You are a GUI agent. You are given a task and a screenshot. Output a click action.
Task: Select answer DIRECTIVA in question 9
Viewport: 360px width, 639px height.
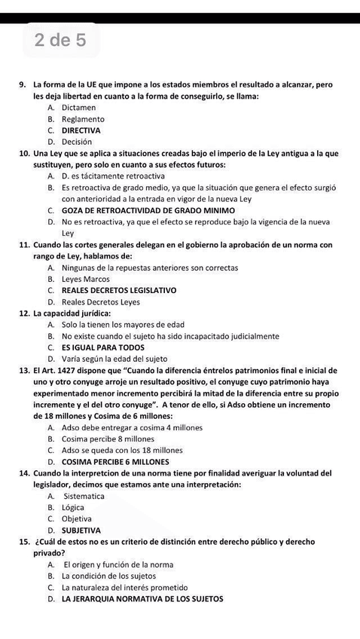coord(81,130)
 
